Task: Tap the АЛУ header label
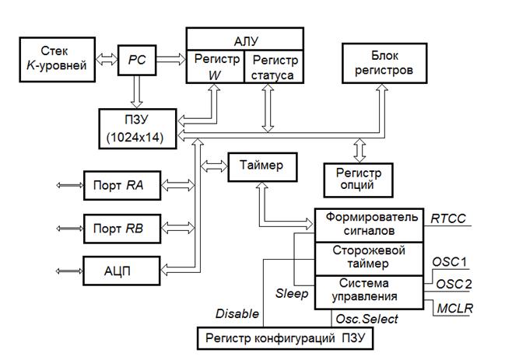244,38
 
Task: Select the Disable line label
237,313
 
